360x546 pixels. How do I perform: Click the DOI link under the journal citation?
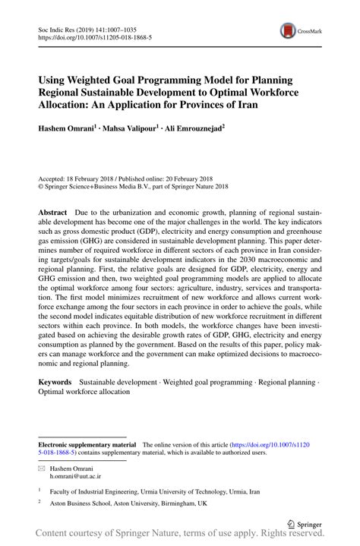tap(89, 36)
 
